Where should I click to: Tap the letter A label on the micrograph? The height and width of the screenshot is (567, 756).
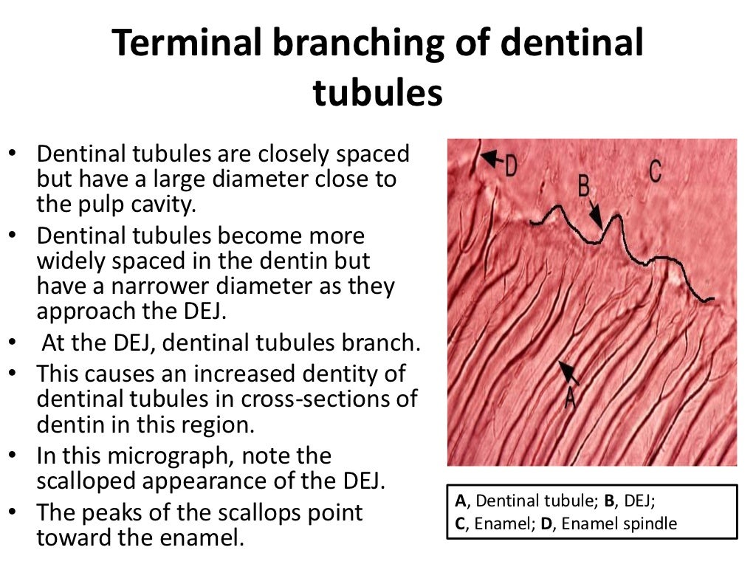[x=570, y=398]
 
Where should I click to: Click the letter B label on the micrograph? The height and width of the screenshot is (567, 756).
[x=583, y=186]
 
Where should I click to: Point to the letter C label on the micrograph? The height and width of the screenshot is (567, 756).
[x=654, y=171]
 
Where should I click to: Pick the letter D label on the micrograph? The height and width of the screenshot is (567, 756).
[x=510, y=165]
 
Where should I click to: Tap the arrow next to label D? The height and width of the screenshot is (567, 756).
[x=491, y=158]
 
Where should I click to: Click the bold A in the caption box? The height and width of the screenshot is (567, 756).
[x=460, y=501]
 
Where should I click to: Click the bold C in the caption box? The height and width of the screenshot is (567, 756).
[x=460, y=523]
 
